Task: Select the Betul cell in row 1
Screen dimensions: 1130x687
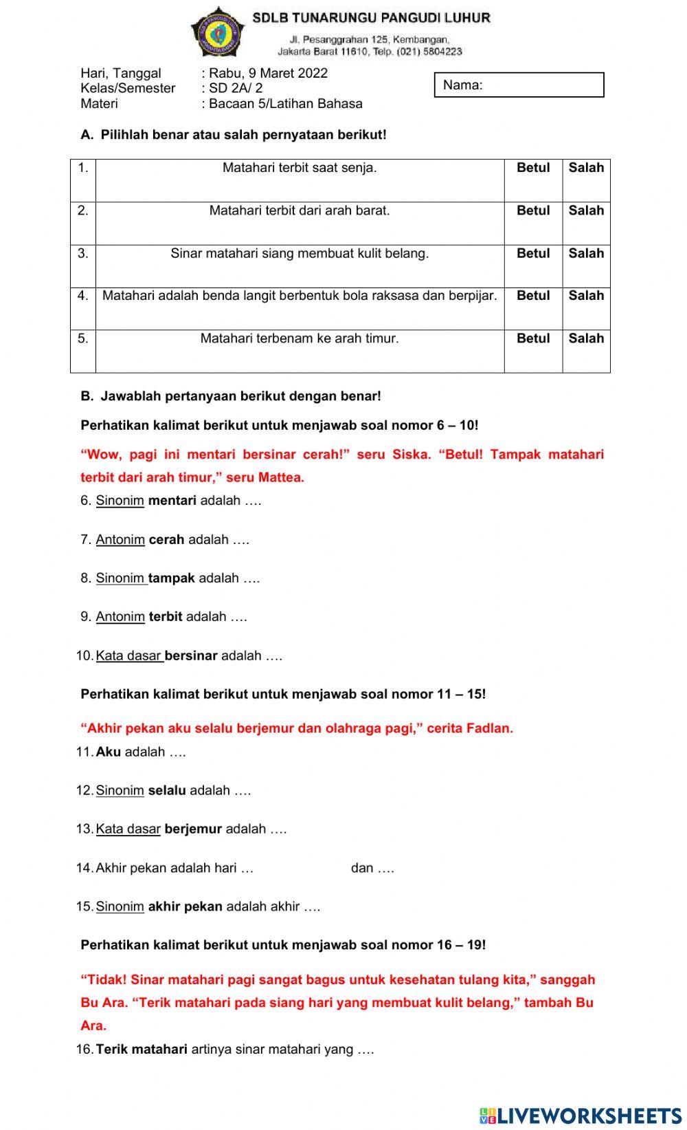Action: [533, 168]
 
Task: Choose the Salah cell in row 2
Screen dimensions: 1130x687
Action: [586, 211]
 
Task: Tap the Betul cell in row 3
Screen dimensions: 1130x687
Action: [533, 254]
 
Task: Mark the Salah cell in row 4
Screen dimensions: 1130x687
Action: [586, 296]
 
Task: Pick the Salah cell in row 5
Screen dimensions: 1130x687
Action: [586, 338]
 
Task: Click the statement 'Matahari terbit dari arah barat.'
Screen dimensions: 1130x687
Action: [300, 211]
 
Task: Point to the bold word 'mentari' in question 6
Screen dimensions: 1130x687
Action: [172, 501]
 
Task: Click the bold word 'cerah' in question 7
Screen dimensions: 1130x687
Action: [166, 540]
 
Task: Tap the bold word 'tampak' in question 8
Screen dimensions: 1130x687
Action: [172, 578]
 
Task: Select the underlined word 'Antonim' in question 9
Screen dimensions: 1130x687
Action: [120, 617]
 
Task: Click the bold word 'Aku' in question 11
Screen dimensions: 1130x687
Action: [108, 752]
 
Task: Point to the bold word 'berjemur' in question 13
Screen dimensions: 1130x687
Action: [193, 829]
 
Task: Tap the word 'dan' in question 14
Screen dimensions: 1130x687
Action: [362, 868]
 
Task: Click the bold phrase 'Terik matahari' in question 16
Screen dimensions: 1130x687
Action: [142, 1050]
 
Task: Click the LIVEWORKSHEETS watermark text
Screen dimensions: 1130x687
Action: [588, 1115]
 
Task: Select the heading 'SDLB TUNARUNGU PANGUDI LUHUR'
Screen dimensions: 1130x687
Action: [371, 18]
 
